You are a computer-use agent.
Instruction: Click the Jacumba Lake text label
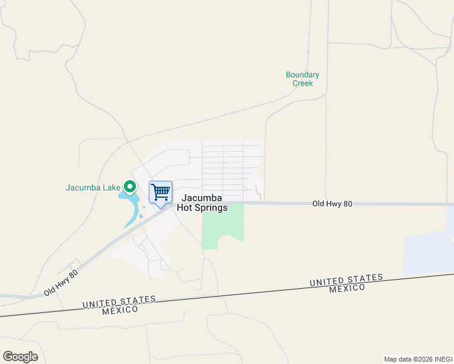click(93, 187)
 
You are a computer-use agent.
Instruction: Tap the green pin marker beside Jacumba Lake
click(129, 187)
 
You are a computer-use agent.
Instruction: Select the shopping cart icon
click(160, 192)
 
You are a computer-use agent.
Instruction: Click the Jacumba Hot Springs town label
click(202, 203)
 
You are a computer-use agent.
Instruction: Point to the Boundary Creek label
click(302, 79)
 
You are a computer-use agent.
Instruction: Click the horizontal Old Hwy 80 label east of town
click(332, 204)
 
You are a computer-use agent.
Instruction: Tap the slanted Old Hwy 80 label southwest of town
click(61, 283)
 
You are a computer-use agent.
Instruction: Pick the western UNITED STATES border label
click(119, 302)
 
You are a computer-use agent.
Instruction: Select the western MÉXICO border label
click(120, 310)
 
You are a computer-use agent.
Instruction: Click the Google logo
click(20, 357)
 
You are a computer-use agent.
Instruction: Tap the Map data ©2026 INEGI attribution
click(418, 359)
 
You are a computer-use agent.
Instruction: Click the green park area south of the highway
click(222, 224)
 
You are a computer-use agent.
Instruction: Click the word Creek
click(302, 83)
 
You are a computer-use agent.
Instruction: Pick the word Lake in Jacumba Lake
click(112, 187)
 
